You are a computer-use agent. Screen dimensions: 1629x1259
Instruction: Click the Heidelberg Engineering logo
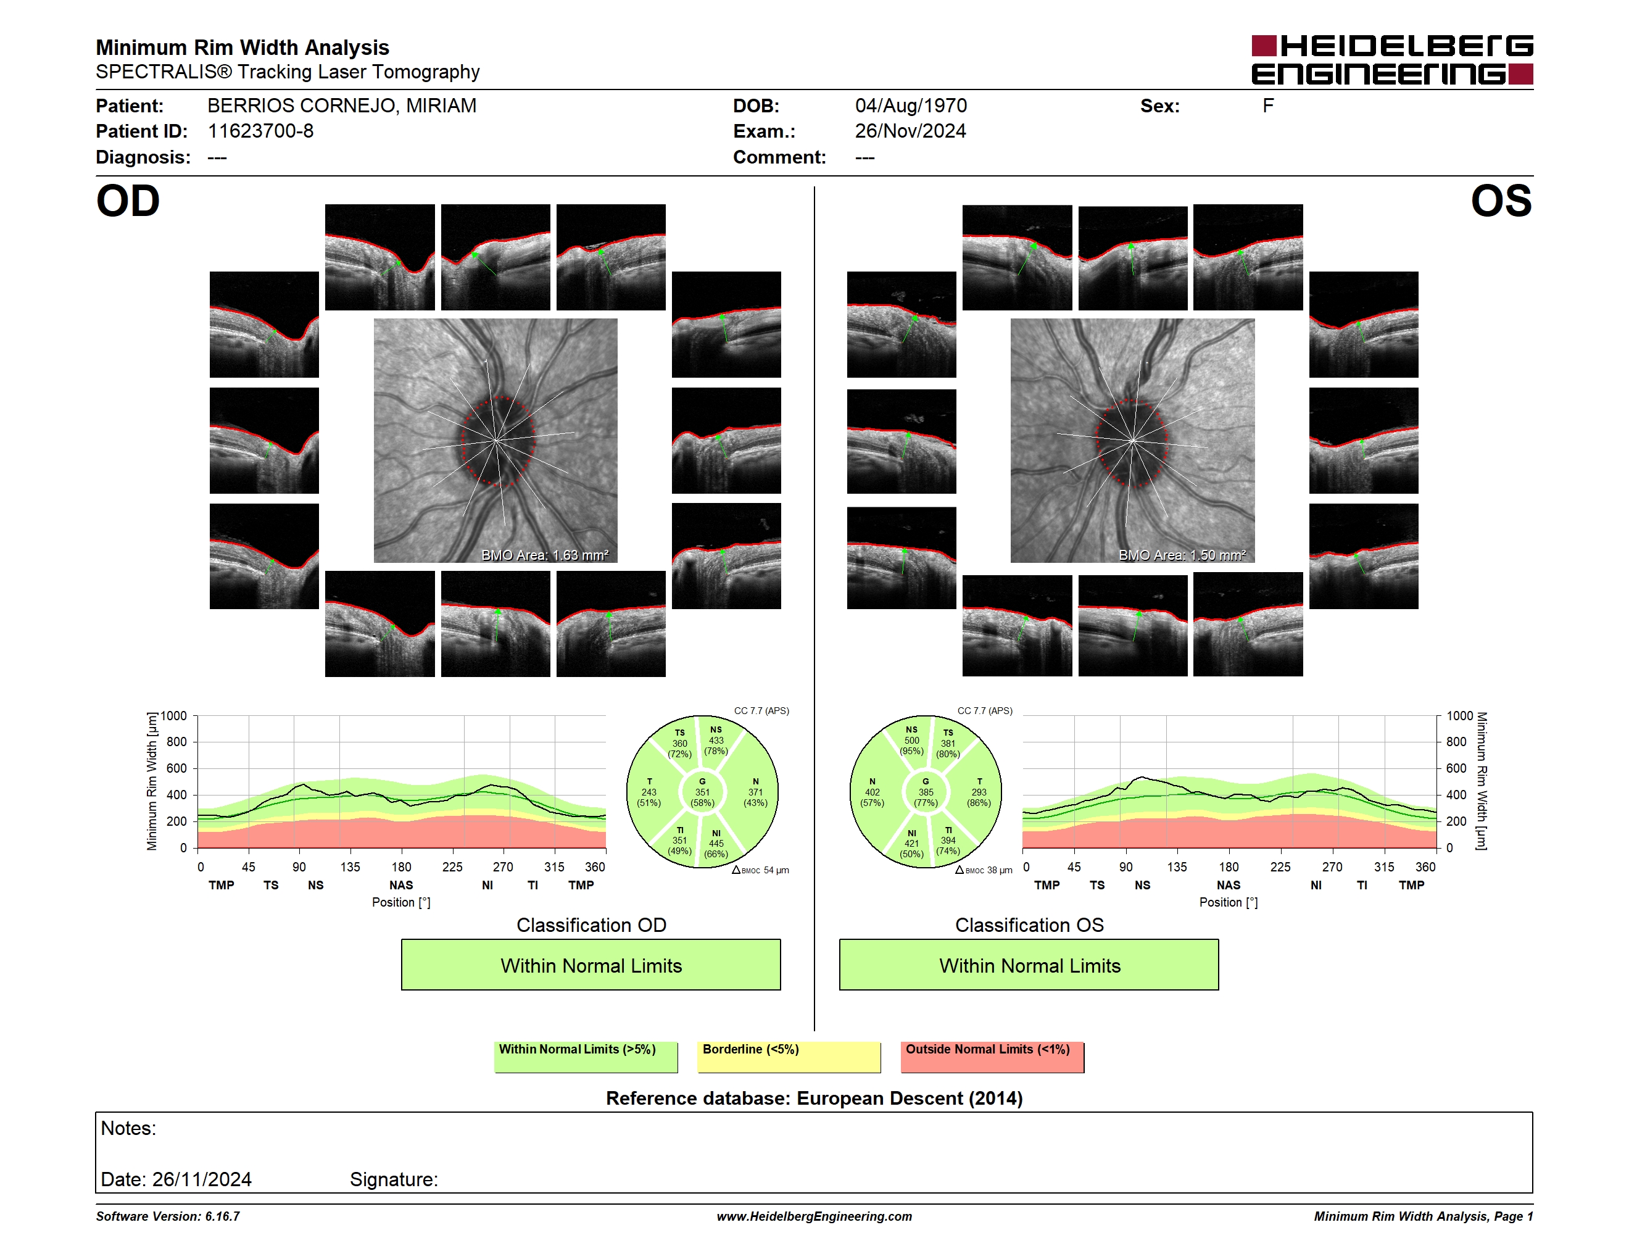[1392, 60]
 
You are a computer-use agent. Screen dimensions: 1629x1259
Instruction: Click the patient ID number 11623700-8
[260, 131]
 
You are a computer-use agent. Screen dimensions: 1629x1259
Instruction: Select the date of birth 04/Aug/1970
[911, 106]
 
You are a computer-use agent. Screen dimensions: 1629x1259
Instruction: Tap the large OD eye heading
[128, 201]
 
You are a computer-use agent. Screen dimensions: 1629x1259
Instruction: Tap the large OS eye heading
[1501, 201]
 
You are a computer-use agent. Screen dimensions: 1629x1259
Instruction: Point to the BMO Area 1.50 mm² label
[1182, 555]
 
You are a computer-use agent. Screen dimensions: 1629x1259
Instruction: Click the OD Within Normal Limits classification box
[591, 965]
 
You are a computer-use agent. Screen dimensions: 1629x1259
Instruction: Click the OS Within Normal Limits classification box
[1029, 965]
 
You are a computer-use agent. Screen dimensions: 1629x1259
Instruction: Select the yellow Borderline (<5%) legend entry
[789, 1057]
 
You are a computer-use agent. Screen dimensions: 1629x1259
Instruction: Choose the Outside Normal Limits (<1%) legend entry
[992, 1057]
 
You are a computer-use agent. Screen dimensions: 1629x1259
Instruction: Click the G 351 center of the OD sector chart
[702, 792]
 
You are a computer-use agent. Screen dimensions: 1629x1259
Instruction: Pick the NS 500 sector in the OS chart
[911, 740]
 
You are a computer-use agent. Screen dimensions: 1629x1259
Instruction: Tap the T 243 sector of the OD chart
[649, 792]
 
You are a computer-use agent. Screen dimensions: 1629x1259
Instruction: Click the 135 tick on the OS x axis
[1177, 866]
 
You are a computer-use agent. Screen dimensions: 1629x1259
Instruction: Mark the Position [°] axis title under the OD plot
[401, 902]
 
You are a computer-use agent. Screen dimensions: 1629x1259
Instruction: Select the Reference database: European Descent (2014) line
[814, 1099]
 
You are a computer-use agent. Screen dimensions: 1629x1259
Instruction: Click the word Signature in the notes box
[394, 1179]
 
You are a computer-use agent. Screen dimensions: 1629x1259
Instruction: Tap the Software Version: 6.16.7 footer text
[168, 1216]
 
